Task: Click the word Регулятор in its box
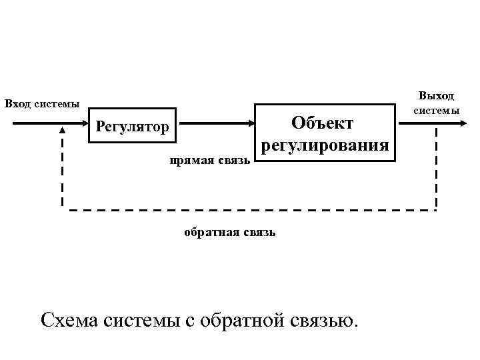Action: tap(132, 126)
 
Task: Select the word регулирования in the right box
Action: tap(325, 145)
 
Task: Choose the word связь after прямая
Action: tap(234, 160)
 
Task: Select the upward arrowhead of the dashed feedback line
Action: tap(63, 131)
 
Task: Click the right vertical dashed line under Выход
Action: tap(437, 167)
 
